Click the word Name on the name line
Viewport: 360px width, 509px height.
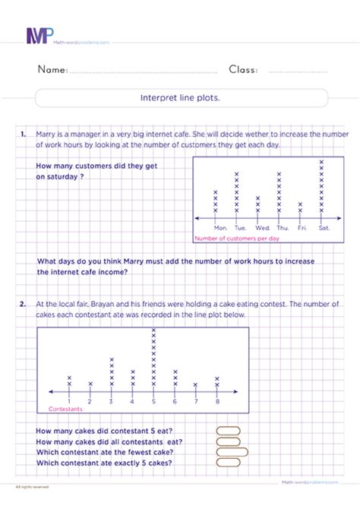[x=52, y=70]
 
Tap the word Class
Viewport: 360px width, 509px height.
[x=243, y=70]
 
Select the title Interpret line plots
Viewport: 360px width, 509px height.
[x=183, y=98]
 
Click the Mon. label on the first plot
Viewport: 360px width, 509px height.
[x=221, y=228]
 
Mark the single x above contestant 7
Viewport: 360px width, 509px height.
[x=196, y=384]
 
